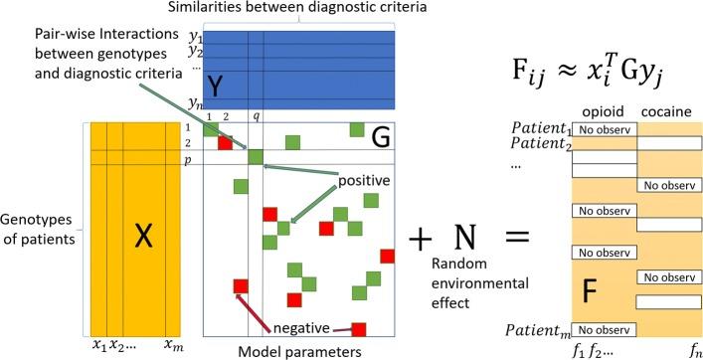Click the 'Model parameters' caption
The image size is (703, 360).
pos(297,350)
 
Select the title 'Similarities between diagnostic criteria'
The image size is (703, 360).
pos(297,9)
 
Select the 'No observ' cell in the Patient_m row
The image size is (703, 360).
pos(604,329)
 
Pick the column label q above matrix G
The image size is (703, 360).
pos(256,116)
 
